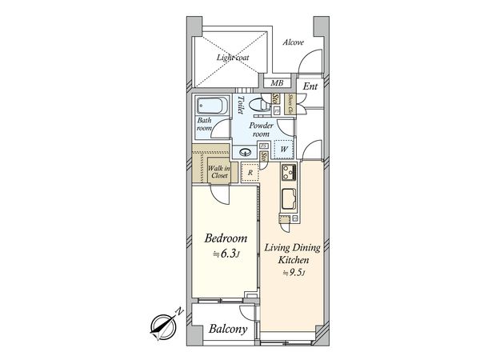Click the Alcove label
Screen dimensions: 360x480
pos(293,42)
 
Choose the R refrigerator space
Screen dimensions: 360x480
pos(250,172)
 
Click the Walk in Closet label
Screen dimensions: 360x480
pos(218,171)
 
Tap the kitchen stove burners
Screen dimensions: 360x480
pos(288,172)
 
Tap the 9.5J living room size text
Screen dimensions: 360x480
pos(292,274)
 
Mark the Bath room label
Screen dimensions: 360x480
pos(205,124)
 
